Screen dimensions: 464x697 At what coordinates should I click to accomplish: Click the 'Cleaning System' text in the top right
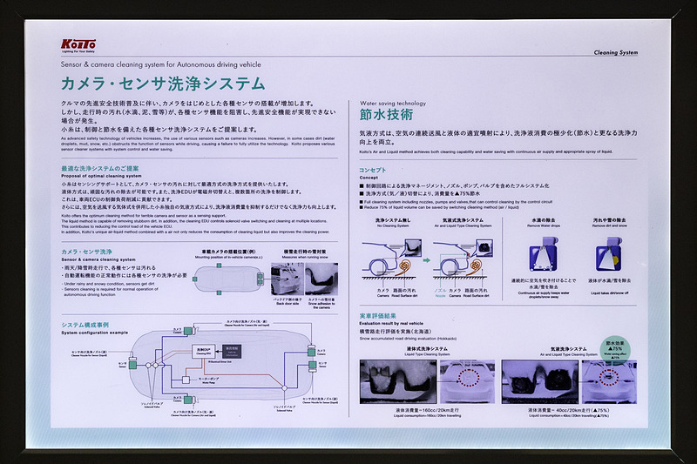615,52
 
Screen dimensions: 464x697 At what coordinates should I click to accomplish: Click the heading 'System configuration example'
93,332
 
